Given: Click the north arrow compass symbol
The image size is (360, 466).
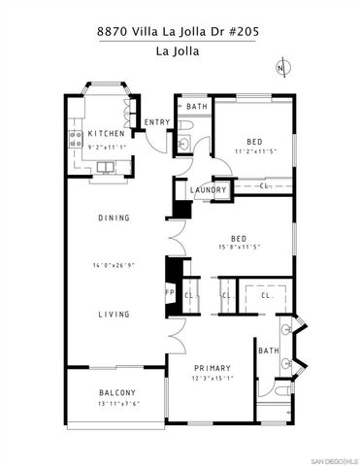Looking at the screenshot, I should pyautogui.click(x=281, y=68).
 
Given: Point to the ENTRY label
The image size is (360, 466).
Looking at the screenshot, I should pyautogui.click(x=156, y=122).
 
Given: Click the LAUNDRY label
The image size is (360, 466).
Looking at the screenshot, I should pyautogui.click(x=208, y=190).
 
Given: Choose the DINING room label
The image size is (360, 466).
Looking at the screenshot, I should pyautogui.click(x=114, y=218).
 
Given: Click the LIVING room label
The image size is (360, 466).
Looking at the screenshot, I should pyautogui.click(x=114, y=315).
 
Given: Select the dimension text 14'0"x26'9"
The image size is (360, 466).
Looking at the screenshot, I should pyautogui.click(x=114, y=265).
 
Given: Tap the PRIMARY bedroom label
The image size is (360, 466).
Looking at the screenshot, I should pyautogui.click(x=212, y=368).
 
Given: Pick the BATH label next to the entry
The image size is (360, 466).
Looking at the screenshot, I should pyautogui.click(x=197, y=107).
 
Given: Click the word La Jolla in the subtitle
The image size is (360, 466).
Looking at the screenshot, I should pyautogui.click(x=180, y=50).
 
